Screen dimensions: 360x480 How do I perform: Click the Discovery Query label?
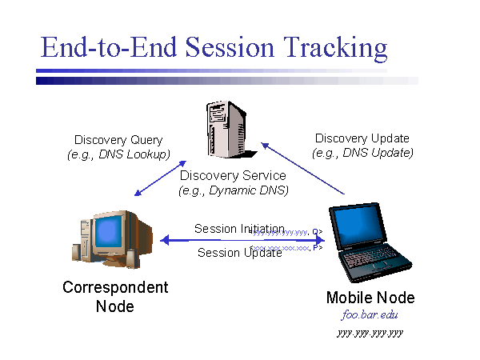(x=118, y=140)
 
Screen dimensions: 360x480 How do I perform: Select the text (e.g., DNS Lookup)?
(x=118, y=154)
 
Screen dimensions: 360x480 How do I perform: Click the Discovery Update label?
(x=362, y=138)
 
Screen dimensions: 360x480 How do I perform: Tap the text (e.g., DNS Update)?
(x=362, y=153)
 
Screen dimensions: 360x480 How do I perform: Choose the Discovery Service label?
(x=233, y=176)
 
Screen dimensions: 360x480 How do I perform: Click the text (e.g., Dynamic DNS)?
(x=233, y=190)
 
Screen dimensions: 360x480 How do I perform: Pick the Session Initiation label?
(x=239, y=229)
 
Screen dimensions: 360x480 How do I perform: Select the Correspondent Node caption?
(x=115, y=296)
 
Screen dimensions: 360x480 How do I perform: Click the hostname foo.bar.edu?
(x=370, y=315)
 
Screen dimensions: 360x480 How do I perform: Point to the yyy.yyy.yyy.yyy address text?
(x=370, y=332)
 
